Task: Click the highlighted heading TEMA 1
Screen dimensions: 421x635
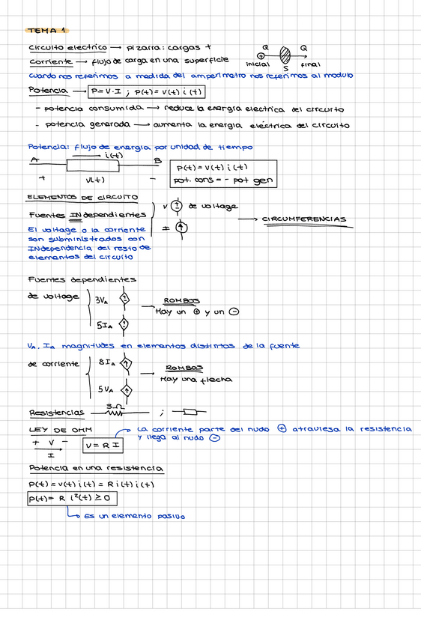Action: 46,30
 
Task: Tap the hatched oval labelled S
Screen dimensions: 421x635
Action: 285,55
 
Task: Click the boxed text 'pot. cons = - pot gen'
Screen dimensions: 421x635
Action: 223,180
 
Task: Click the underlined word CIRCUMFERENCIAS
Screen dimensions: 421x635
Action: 304,220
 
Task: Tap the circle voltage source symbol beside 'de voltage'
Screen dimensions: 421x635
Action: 177,206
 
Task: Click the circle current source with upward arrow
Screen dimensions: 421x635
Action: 180,228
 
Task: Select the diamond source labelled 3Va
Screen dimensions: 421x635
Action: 124,300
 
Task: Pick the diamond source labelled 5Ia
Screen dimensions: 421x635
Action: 124,324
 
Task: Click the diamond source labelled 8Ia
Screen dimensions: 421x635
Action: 127,364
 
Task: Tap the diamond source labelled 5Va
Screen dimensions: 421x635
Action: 127,390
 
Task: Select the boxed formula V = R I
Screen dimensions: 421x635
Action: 102,446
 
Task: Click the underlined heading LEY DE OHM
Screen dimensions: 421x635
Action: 49,430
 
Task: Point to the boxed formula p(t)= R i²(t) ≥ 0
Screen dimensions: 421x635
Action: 72,499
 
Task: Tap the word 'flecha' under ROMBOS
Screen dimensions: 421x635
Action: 215,380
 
